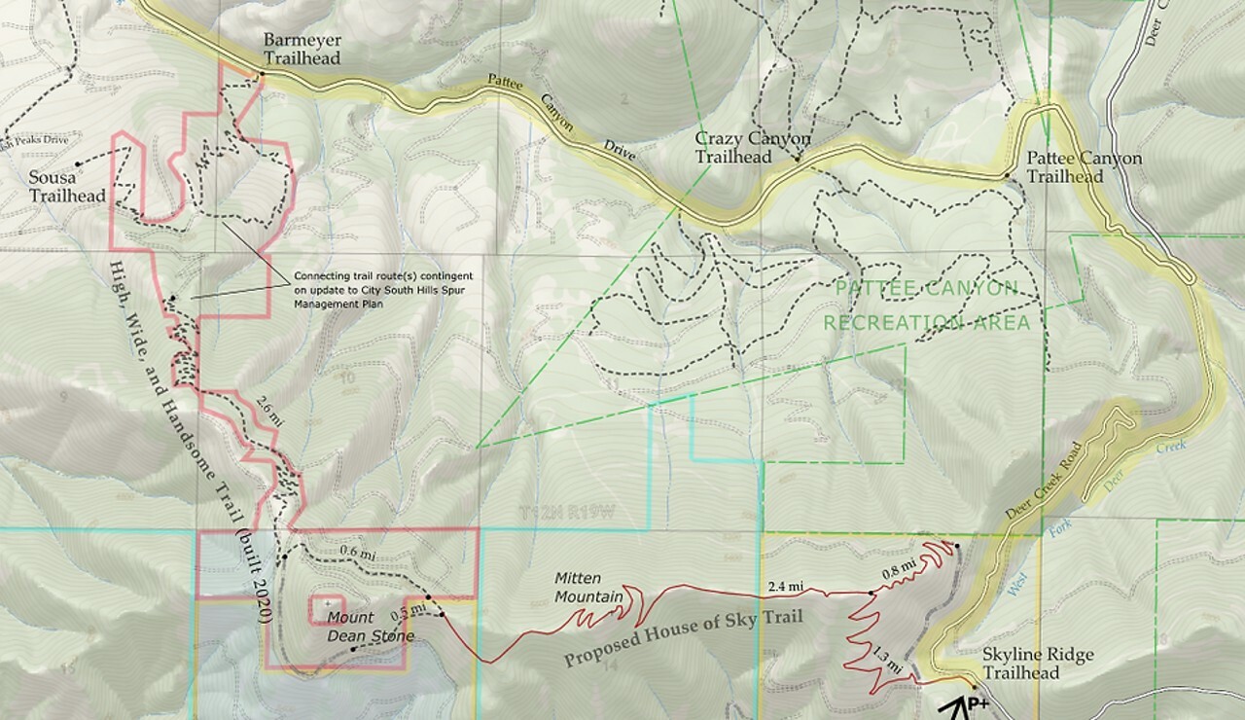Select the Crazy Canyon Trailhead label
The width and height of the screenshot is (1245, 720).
point(752,148)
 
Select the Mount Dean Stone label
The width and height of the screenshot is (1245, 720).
point(370,628)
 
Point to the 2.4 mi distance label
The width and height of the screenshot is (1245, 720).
point(785,586)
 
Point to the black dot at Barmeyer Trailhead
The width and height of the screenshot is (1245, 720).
point(262,74)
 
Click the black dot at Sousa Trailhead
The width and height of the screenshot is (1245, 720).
point(77,164)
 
